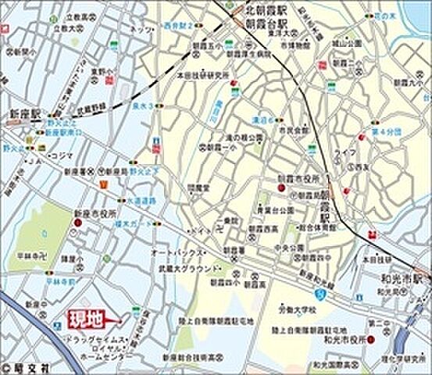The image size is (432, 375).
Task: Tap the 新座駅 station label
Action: [18, 112]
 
